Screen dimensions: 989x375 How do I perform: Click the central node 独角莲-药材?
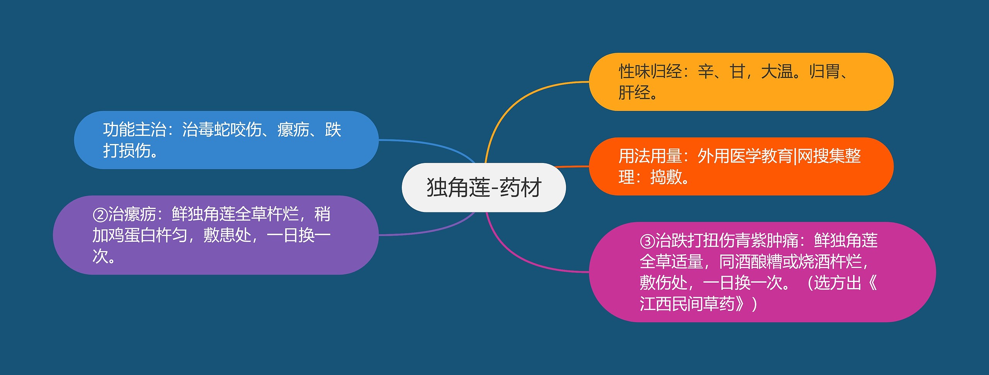(x=484, y=187)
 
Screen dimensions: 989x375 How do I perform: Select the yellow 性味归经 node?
(x=741, y=82)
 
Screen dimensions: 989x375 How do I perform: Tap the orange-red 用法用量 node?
(x=741, y=166)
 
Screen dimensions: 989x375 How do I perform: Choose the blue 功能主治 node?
(x=226, y=140)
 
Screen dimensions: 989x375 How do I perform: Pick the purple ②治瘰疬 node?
(x=216, y=235)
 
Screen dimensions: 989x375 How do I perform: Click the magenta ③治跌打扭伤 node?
(x=762, y=272)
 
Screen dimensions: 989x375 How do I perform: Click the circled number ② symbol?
(x=100, y=215)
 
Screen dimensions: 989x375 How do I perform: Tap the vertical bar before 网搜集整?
(x=795, y=156)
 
